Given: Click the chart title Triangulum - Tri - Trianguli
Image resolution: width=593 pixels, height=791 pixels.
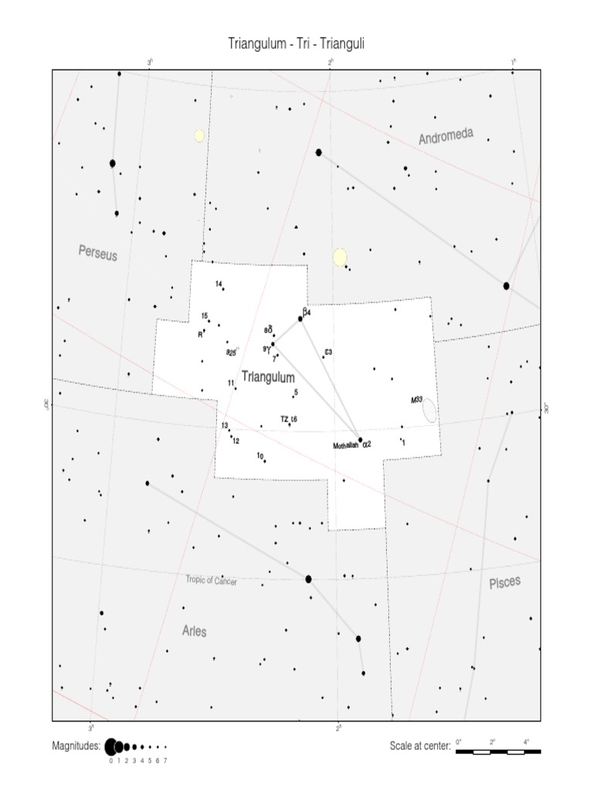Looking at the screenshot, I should pyautogui.click(x=296, y=43).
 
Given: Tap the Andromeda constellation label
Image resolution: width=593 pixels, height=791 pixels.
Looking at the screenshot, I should pyautogui.click(x=446, y=137).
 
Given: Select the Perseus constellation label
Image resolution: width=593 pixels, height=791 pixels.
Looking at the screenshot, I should pyautogui.click(x=98, y=252).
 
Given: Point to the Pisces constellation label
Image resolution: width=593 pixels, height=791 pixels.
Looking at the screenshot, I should pyautogui.click(x=505, y=583).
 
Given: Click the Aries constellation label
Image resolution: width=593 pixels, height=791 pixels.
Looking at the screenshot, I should pyautogui.click(x=195, y=631).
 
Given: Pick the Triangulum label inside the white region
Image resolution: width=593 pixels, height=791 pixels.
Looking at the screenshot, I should pyautogui.click(x=268, y=377).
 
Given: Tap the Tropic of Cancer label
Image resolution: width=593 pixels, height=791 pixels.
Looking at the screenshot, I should pyautogui.click(x=211, y=580).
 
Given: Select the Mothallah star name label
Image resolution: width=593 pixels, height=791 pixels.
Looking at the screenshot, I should pyautogui.click(x=345, y=446).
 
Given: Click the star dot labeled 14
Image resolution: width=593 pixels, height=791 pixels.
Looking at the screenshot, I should pyautogui.click(x=223, y=289).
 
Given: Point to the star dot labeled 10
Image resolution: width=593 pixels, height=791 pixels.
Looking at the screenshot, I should pyautogui.click(x=265, y=460).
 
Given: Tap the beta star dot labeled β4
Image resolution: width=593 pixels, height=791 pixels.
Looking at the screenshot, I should pyautogui.click(x=300, y=318).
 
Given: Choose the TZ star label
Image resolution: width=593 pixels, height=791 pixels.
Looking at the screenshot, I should pyautogui.click(x=284, y=419).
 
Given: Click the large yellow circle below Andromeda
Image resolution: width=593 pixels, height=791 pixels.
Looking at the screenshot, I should pyautogui.click(x=340, y=257).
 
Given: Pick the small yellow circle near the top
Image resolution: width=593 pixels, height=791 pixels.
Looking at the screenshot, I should pyautogui.click(x=199, y=136).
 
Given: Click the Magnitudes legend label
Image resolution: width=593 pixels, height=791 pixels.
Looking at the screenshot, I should pyautogui.click(x=76, y=747).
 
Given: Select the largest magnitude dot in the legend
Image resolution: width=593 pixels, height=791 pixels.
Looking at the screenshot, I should pyautogui.click(x=110, y=747).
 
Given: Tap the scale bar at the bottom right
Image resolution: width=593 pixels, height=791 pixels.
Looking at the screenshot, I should pyautogui.click(x=498, y=751).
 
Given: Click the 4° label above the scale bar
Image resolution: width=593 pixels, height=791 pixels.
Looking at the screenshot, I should pyautogui.click(x=526, y=742).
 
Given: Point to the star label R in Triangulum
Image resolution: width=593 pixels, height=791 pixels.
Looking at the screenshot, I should pyautogui.click(x=200, y=334).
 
